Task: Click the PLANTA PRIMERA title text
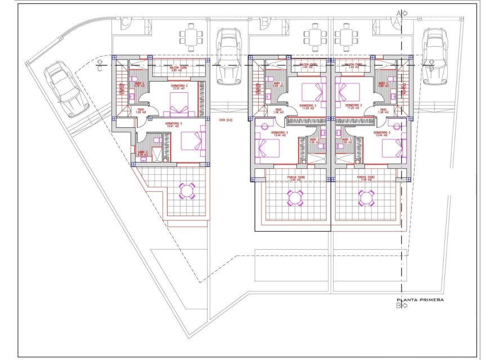point(420,300)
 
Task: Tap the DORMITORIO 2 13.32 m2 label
point(179,87)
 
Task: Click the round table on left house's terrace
point(187,191)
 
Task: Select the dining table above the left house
point(192,39)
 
